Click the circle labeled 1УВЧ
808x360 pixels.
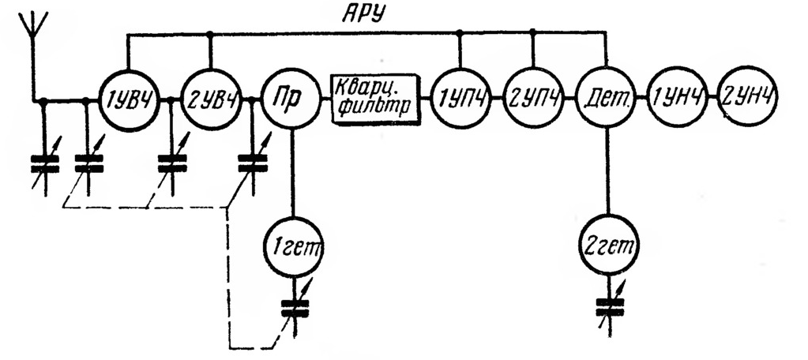pos(126,99)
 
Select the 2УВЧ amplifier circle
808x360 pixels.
pos(211,99)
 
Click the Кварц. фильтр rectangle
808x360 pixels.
pos(374,99)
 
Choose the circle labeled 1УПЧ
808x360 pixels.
pos(459,99)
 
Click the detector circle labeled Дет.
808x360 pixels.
pos(606,99)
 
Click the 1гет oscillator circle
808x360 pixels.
pos(293,249)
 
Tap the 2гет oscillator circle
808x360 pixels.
pos(608,249)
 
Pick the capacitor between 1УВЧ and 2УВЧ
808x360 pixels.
pos(171,163)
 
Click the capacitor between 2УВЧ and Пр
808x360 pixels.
pos(253,163)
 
